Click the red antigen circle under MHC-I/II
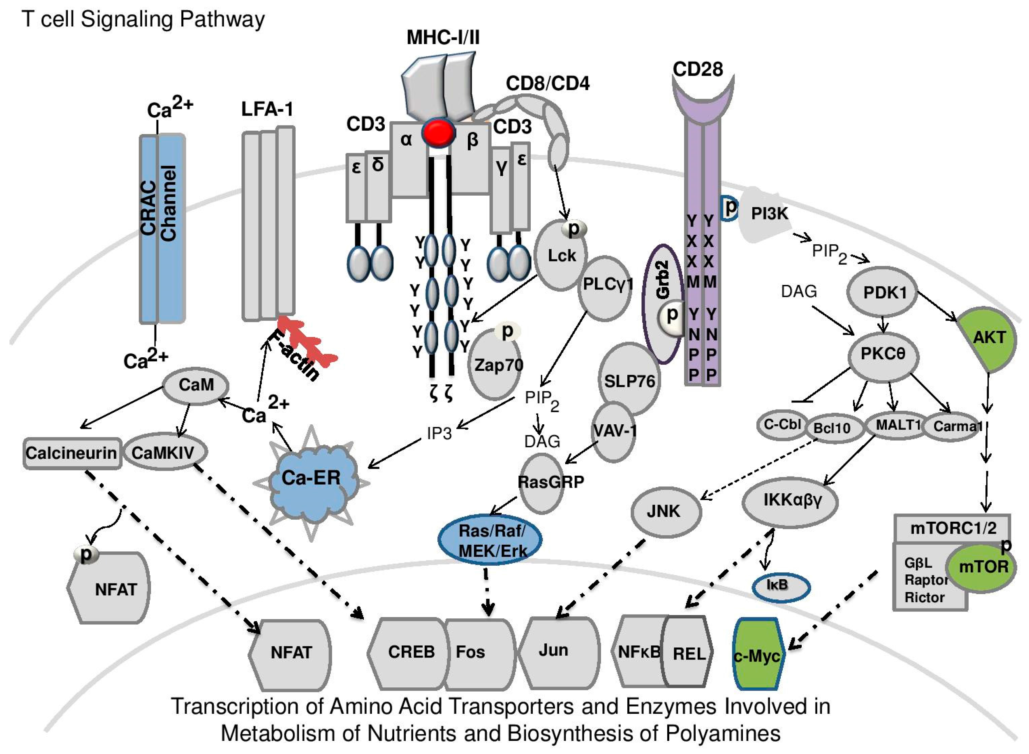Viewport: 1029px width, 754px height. (439, 132)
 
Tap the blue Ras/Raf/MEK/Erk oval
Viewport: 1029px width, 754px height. (490, 540)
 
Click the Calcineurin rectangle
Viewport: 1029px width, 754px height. (72, 453)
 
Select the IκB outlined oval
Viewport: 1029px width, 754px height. (781, 587)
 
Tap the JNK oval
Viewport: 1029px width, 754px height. (666, 511)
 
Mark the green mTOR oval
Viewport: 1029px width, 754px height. (982, 567)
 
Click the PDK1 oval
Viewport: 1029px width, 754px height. (883, 293)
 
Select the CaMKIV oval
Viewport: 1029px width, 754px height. (164, 452)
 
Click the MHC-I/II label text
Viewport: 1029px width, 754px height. (443, 37)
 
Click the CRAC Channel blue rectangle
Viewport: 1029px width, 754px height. (162, 228)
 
